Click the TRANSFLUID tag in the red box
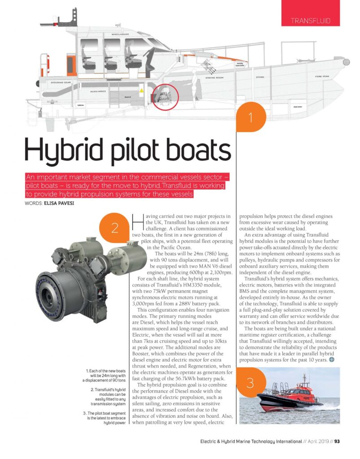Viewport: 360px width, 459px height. pos(310,21)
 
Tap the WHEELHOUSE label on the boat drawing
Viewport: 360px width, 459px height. pos(121,34)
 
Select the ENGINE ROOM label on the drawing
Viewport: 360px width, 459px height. pos(215,78)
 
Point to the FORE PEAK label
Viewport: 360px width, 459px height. pos(322,77)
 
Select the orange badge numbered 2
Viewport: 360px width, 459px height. pos(115,229)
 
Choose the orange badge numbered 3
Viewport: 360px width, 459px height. pos(250,382)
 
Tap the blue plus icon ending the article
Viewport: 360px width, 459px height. pos(331,359)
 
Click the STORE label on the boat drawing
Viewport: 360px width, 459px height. pos(260,77)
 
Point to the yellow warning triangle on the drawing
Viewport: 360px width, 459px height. pos(142,90)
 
